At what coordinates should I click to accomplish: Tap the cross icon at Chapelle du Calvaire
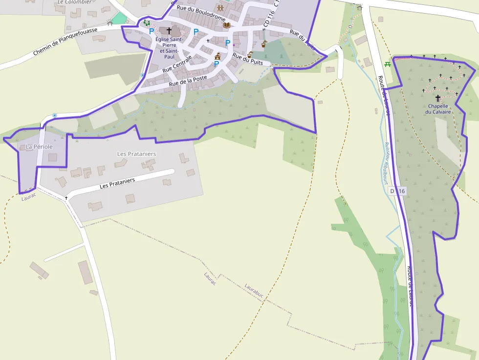point(438,98)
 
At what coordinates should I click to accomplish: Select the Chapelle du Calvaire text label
point(438,109)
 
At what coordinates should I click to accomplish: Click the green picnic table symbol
point(388,64)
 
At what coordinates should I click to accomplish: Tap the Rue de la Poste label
point(188,81)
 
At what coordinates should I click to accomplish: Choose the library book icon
point(226,25)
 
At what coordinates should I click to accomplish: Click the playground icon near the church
point(146,22)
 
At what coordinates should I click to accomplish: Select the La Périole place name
point(39,147)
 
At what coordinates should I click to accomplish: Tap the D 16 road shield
point(397,191)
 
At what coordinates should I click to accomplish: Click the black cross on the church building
point(169,30)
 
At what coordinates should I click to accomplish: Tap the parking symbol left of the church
point(152,31)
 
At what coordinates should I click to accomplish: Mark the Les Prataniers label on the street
point(117,183)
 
